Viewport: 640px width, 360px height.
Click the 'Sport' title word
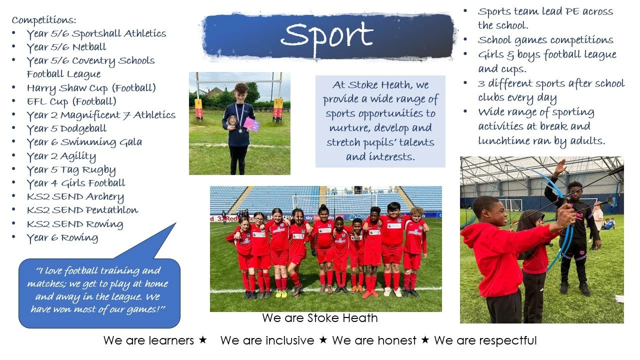327,35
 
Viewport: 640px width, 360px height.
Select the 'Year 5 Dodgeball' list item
66,128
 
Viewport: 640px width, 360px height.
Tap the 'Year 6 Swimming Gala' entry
84,142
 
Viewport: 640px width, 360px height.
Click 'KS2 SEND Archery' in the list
75,196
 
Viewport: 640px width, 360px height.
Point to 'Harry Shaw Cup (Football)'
91,88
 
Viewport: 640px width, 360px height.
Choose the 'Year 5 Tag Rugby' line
71,169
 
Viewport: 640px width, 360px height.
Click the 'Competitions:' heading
44,20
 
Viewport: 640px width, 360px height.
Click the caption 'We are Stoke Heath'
319,318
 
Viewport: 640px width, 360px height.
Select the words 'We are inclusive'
267,341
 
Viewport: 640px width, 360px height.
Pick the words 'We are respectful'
485,341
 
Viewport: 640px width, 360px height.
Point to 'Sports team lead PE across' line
545,11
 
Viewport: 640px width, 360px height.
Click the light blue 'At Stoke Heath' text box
380,121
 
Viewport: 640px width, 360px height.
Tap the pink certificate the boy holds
251,124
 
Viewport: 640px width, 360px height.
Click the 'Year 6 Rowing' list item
62,237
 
